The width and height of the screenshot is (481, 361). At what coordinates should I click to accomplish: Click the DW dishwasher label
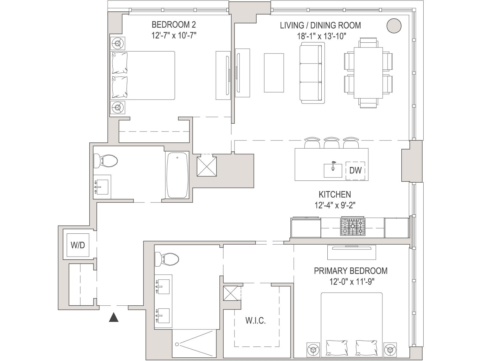pos(355,170)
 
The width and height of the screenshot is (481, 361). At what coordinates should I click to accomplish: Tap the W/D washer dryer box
pos(78,245)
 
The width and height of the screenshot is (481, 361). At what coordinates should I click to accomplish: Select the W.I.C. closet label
pos(256,321)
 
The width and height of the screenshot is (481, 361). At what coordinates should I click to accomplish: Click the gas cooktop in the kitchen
pos(353,227)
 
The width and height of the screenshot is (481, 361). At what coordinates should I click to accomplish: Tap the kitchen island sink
pos(333,171)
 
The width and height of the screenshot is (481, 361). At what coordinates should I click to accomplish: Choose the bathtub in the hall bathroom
pos(177,175)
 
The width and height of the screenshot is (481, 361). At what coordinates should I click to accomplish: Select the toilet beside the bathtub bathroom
pos(106,161)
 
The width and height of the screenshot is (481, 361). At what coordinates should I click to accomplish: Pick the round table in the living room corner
pos(394,26)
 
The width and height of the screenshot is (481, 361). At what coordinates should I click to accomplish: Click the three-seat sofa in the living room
pos(312,73)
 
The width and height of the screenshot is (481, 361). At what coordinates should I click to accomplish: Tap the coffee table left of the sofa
pos(274,73)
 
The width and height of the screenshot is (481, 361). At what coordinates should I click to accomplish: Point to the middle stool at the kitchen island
pos(332,143)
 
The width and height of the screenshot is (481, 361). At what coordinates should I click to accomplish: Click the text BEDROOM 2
pos(173,25)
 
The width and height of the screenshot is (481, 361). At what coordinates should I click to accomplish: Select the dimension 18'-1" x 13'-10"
pos(321,36)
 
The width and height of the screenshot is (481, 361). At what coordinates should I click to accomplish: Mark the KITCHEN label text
pos(335,194)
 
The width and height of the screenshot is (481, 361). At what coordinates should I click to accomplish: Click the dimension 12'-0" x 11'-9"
pos(351,282)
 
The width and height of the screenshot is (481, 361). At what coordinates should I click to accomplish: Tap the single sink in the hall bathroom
pos(102,187)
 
